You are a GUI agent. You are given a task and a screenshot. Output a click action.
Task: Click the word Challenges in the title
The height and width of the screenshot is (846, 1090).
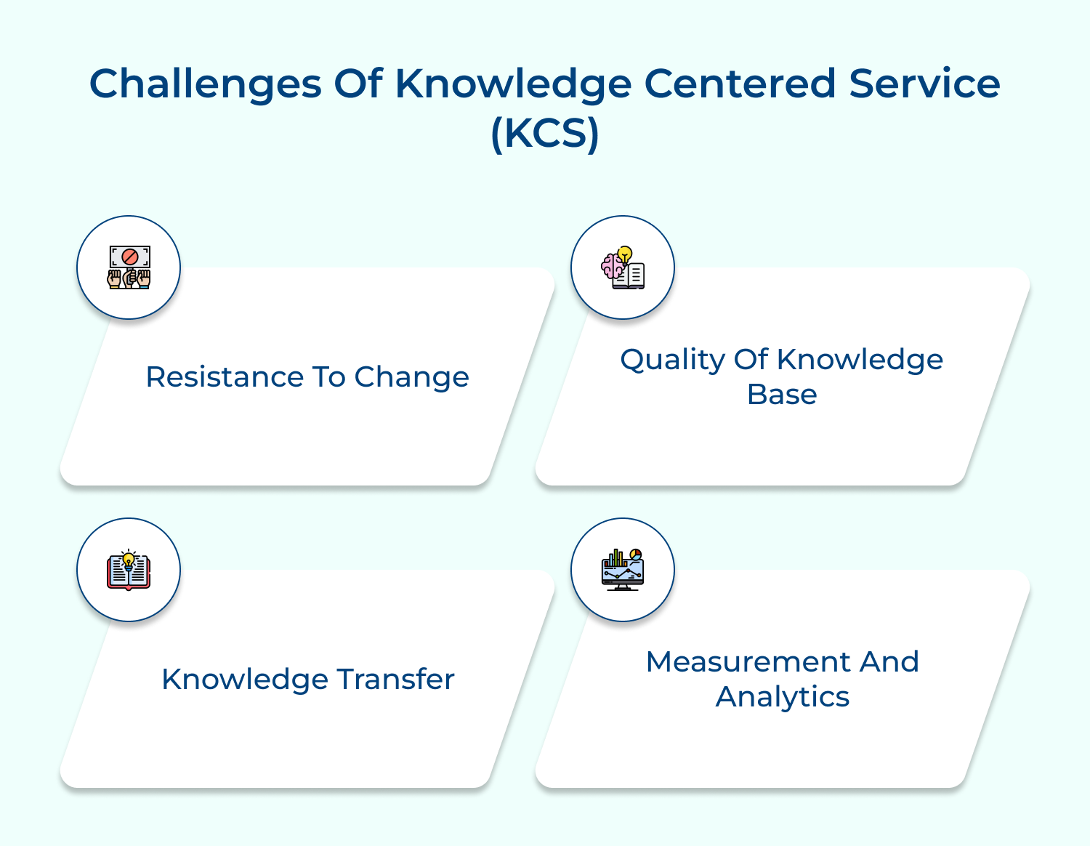[x=205, y=84]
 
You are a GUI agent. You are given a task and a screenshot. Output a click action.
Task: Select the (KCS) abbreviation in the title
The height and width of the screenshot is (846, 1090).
[x=545, y=133]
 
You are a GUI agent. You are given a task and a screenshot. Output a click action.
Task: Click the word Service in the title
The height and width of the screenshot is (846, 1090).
[x=924, y=84]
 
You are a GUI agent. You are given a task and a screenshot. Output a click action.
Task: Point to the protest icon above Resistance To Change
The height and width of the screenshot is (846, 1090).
[x=129, y=267]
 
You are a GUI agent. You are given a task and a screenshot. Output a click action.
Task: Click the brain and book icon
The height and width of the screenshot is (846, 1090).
[x=623, y=267]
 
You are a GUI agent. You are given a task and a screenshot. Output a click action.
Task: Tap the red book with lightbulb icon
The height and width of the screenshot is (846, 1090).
[x=129, y=570]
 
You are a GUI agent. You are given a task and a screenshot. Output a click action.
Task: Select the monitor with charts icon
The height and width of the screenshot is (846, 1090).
[x=623, y=570]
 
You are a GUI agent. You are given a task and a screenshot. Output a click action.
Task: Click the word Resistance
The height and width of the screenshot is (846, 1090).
[x=224, y=377]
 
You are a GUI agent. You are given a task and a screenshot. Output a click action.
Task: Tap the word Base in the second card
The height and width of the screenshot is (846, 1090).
[x=782, y=395]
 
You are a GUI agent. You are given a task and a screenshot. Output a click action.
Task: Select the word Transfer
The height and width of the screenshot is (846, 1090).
[x=395, y=680]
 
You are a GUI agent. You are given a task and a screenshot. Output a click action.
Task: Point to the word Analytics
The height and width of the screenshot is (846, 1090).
[x=782, y=697]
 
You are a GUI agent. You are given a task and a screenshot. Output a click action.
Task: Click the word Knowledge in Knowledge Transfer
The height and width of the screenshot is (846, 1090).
[x=244, y=680]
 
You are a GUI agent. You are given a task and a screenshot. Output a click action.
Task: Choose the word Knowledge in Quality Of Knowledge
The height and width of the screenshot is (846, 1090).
[x=860, y=360]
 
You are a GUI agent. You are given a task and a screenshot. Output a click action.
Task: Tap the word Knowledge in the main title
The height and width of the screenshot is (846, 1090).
[x=513, y=84]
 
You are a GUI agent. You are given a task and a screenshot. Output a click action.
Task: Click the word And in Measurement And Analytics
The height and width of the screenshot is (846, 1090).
[x=889, y=662]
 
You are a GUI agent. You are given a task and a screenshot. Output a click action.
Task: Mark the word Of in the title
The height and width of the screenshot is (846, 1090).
[x=358, y=84]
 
